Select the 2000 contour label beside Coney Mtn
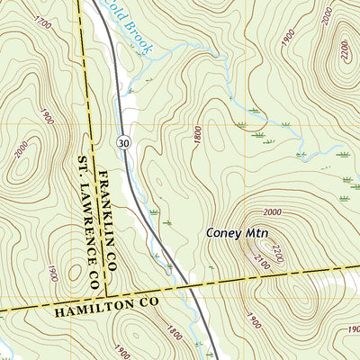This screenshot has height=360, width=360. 273,211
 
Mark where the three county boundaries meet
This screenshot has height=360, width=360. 104,295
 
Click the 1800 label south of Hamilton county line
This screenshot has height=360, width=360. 174,335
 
